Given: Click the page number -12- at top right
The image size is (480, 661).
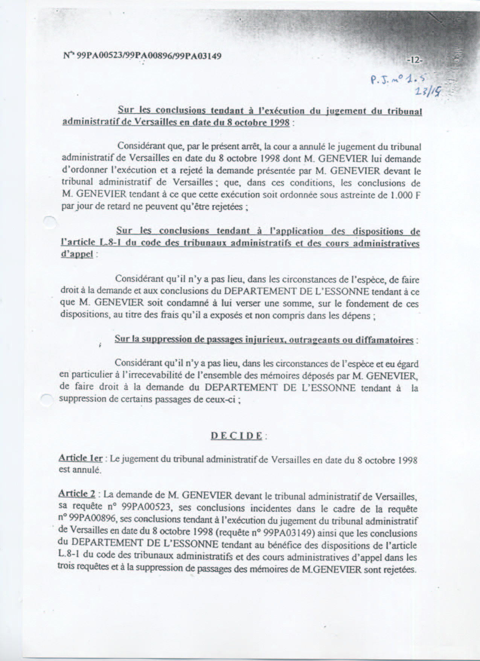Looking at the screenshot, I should [x=415, y=60].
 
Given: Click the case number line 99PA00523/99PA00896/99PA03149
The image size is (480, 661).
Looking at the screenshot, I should [x=142, y=56].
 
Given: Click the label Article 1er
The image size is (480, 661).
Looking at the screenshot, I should [x=81, y=458].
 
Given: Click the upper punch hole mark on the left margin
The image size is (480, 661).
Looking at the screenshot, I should [x=50, y=222].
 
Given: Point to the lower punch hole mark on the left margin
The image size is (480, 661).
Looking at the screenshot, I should [x=47, y=399].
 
